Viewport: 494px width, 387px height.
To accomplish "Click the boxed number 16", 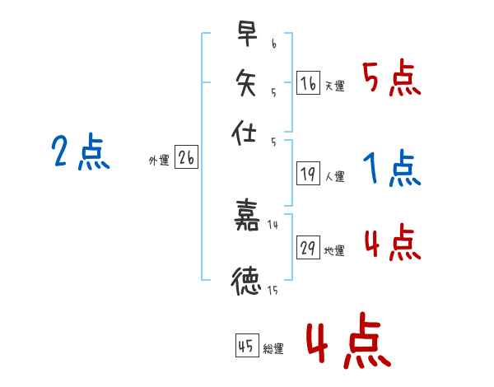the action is [308, 82].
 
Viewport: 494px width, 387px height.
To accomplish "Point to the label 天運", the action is [335, 86].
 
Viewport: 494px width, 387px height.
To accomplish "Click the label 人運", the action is [335, 176].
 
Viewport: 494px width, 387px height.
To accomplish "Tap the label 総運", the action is [274, 349].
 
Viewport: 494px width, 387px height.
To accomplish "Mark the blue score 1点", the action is [392, 170].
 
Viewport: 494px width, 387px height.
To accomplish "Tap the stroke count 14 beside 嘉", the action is [273, 225].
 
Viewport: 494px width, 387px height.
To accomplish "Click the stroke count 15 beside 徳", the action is [273, 289].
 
